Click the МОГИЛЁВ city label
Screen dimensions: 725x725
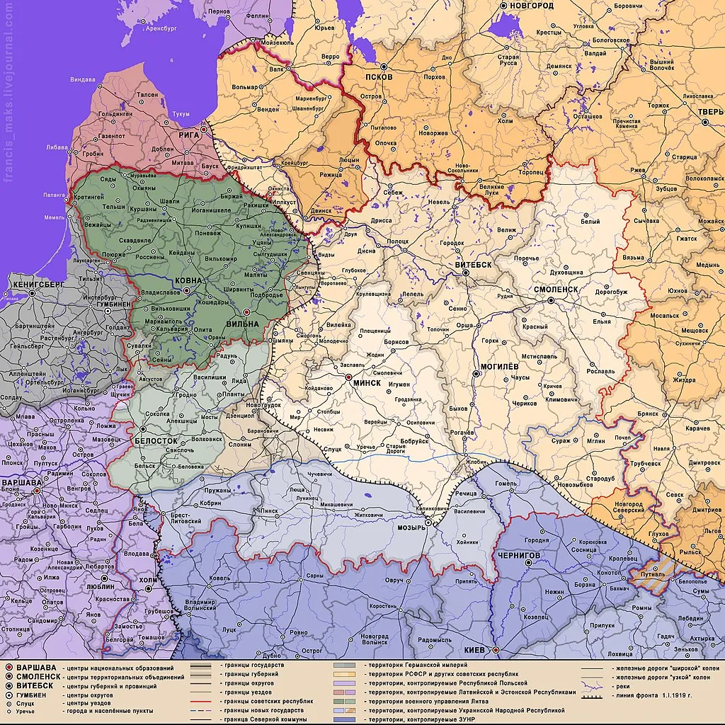(500, 367)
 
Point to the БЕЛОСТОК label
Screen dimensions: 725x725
(156, 440)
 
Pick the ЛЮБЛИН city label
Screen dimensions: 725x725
(97, 586)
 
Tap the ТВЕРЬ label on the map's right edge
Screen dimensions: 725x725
(710, 112)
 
